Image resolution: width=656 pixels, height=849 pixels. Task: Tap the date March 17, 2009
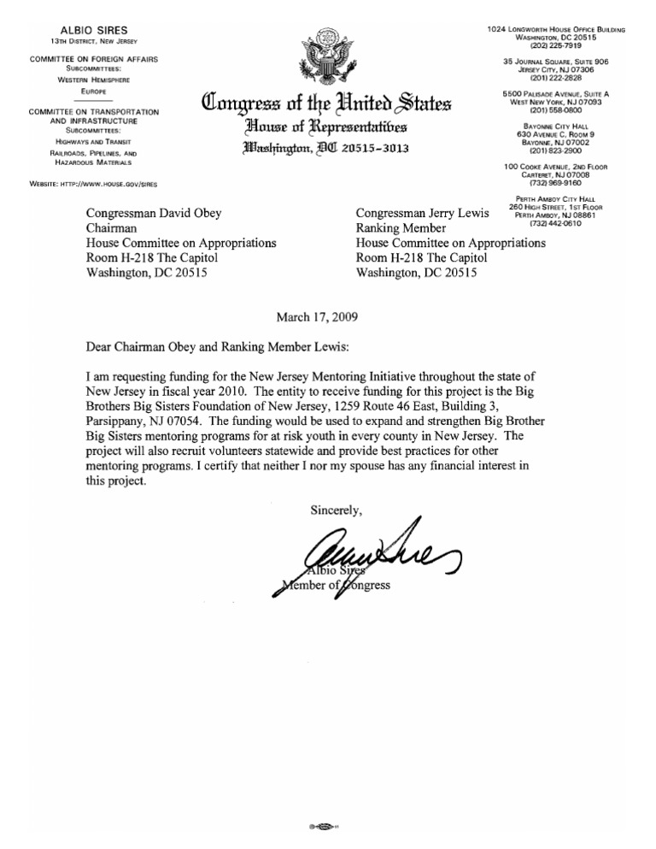pyautogui.click(x=318, y=316)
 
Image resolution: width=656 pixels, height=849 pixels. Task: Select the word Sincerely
pyautogui.click(x=336, y=510)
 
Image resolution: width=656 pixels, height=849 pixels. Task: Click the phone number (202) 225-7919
pyautogui.click(x=556, y=46)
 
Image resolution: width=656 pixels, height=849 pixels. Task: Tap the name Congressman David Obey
pyautogui.click(x=159, y=213)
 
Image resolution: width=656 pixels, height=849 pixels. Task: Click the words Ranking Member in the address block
pyautogui.click(x=400, y=228)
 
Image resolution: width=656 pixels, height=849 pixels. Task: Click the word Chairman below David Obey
pyautogui.click(x=115, y=228)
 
